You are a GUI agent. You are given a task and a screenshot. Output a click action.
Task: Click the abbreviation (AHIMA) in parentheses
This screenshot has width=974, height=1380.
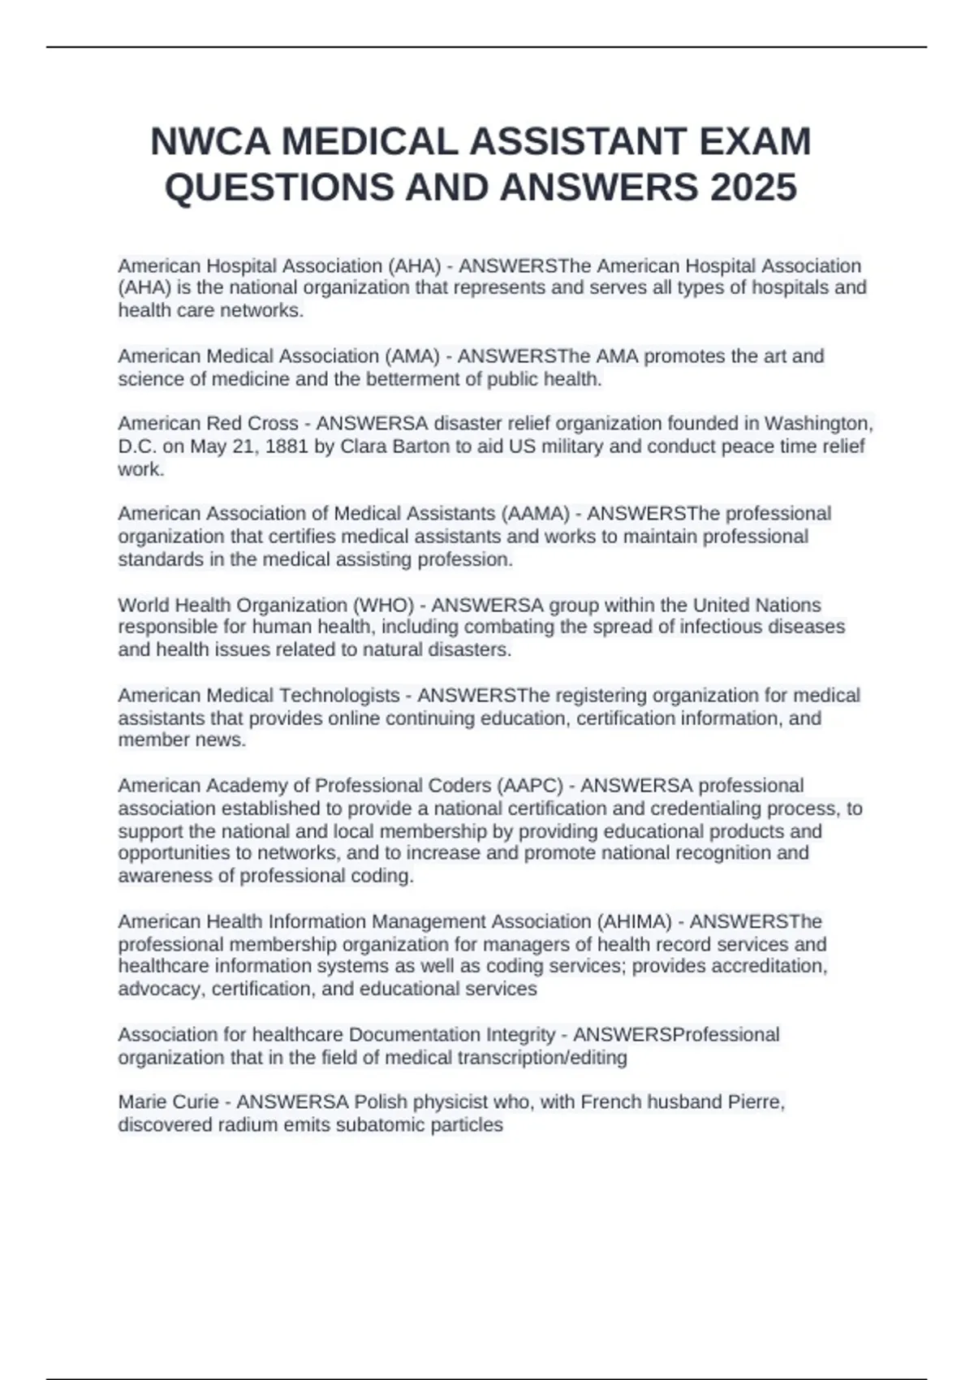pos(634,922)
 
